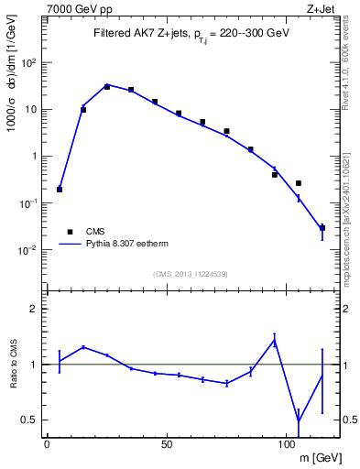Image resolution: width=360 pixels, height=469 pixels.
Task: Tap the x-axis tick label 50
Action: tap(167, 444)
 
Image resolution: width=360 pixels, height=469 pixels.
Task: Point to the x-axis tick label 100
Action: tap(287, 444)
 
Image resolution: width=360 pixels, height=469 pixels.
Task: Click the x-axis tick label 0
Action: tap(47, 444)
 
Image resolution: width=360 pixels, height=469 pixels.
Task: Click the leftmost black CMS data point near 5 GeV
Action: tap(60, 190)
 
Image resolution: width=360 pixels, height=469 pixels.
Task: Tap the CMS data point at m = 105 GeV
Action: tap(299, 183)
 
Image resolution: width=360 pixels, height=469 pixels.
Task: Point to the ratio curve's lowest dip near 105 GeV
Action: tap(299, 420)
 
